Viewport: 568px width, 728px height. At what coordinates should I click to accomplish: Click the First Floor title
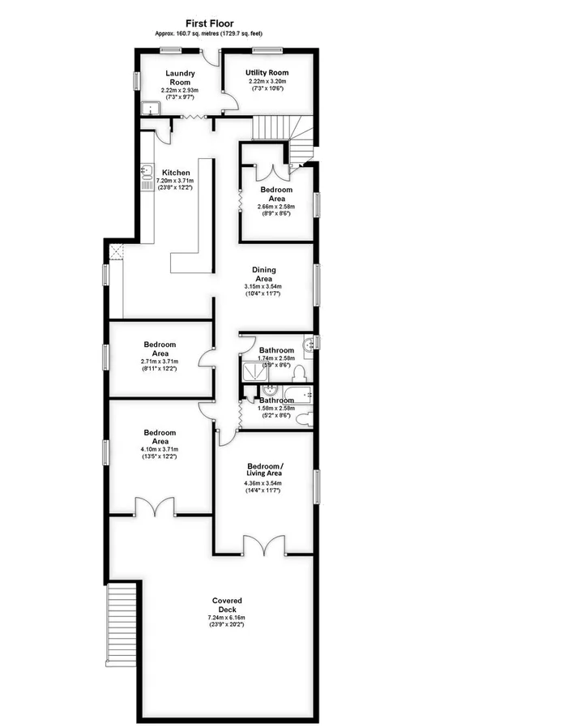click(x=210, y=24)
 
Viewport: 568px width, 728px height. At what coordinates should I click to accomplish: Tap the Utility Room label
click(x=267, y=73)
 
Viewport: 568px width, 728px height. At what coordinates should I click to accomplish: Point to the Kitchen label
click(x=176, y=173)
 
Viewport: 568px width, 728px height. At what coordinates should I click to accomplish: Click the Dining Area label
click(x=263, y=274)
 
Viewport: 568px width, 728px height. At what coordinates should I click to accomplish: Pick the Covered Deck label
click(x=227, y=606)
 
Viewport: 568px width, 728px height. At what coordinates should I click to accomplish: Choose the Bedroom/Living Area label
click(x=265, y=472)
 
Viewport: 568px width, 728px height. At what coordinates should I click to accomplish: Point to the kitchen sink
click(x=147, y=172)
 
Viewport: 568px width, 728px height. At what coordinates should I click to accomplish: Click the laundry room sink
click(x=149, y=108)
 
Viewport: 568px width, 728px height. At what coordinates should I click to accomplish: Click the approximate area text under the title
click(x=210, y=33)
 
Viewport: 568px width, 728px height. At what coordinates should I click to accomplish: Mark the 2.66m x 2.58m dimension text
click(x=276, y=206)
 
